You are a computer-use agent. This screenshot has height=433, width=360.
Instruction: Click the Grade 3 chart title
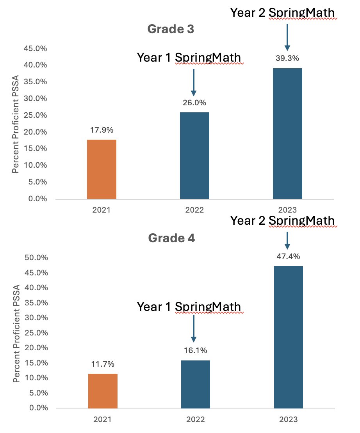(x=171, y=29)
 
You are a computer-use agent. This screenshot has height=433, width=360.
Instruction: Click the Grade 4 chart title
(x=171, y=238)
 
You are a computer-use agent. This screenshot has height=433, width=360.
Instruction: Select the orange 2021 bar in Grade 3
(x=102, y=169)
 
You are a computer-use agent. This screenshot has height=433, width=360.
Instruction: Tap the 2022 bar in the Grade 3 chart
(x=194, y=156)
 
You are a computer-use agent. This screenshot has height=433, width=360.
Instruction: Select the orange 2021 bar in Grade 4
(x=103, y=391)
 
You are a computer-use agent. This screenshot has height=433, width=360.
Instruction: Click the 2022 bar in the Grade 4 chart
(x=195, y=384)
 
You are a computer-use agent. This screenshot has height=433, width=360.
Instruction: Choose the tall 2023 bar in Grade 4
(x=288, y=337)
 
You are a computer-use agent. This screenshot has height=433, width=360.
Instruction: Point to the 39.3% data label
(x=287, y=59)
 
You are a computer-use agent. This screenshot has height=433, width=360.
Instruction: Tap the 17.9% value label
(x=102, y=130)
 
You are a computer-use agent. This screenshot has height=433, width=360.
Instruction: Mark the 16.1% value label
(x=195, y=350)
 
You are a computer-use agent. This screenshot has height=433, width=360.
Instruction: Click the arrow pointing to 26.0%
(x=194, y=82)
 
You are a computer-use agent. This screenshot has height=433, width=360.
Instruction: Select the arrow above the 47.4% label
(x=287, y=240)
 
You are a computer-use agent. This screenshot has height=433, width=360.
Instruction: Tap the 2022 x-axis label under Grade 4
(x=195, y=420)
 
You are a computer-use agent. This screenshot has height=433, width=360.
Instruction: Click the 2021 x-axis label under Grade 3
(x=102, y=210)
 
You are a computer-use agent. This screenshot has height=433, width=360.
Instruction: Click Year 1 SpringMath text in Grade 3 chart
(x=189, y=58)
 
